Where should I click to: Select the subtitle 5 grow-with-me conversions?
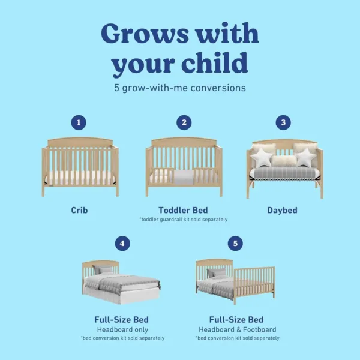tap(180, 88)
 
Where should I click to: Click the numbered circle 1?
tap(77, 122)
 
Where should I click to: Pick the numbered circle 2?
tap(184, 122)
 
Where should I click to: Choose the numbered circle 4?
tap(122, 244)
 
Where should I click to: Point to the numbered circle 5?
tap(235, 244)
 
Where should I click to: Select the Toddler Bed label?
tap(184, 211)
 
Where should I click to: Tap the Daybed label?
tap(282, 211)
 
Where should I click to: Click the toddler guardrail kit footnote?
tap(184, 220)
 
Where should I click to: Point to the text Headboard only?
tap(122, 329)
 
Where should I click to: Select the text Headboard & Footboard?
tap(235, 329)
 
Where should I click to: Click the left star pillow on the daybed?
tap(262, 158)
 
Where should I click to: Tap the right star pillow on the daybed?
tap(304, 158)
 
